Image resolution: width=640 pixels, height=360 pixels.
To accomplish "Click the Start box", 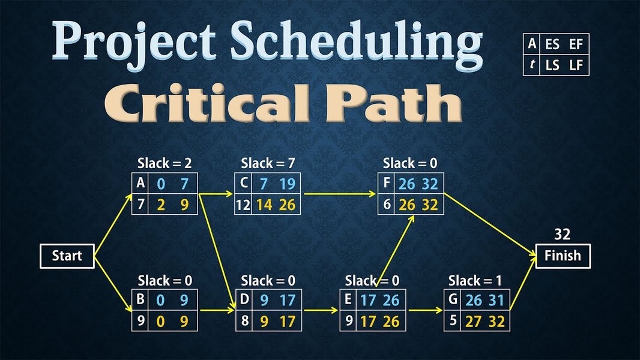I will (x=67, y=256).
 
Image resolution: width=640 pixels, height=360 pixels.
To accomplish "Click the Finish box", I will (x=563, y=256).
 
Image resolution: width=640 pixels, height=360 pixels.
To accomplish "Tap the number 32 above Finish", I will (x=563, y=234).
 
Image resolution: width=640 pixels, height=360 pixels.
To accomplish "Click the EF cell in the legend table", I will (x=576, y=44).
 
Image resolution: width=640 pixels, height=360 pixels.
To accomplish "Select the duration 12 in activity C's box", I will (x=243, y=205).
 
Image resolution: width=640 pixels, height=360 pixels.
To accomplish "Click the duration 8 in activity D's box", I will (x=243, y=322).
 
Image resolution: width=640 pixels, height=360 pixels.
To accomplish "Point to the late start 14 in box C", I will (x=264, y=205).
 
